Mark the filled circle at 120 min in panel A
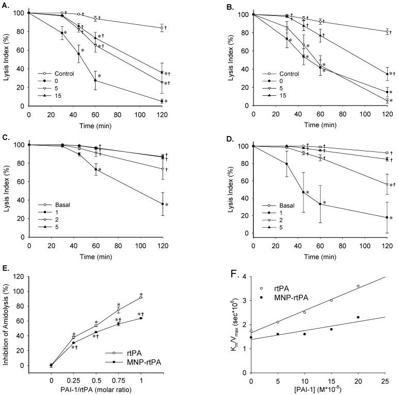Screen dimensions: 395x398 pos(162,101)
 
